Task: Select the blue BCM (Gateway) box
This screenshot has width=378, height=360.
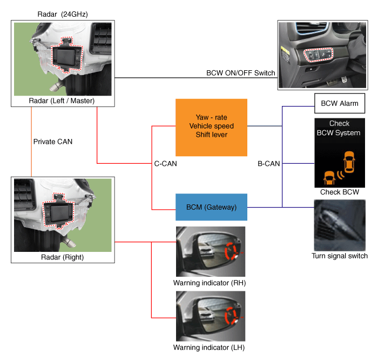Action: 211,206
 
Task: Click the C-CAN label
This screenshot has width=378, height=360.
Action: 164,163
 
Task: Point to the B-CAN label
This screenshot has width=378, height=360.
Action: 268,163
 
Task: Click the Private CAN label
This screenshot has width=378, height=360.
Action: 52,142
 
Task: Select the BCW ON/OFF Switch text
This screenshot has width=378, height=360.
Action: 241,73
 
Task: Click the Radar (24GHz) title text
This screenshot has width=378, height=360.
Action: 62,13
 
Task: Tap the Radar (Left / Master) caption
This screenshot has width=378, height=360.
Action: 62,101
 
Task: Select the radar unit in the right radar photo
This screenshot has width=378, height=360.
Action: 58,208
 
